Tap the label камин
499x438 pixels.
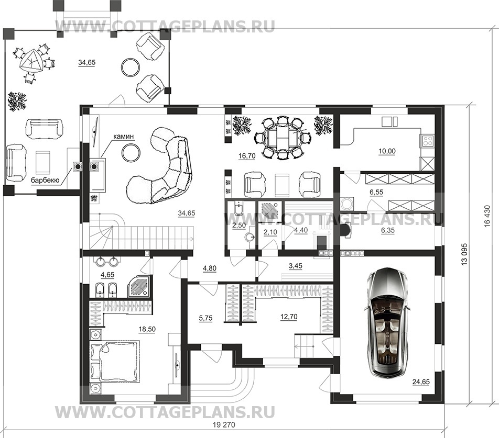tap(123, 137)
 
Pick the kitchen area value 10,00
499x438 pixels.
tap(387, 151)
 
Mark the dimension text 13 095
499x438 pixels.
tap(464, 254)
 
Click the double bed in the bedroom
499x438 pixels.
tap(114, 361)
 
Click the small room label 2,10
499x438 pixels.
tap(270, 232)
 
